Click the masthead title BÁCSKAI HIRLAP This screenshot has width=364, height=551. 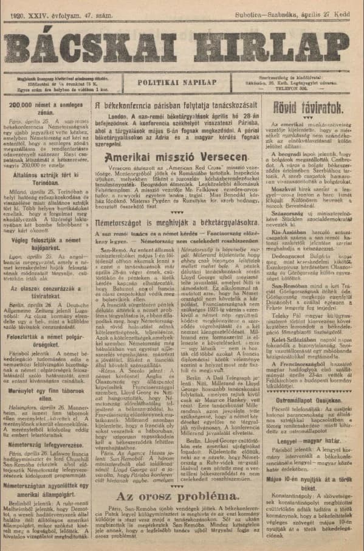pyautogui.click(x=182, y=44)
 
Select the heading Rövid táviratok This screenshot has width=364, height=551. pyautogui.click(x=316, y=109)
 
